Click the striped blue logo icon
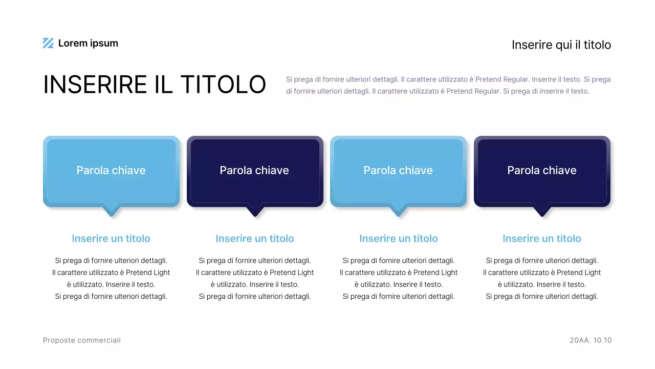[x=48, y=44]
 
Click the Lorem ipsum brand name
[x=88, y=44]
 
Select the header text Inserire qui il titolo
[x=561, y=45]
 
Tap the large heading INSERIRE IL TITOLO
[x=155, y=85]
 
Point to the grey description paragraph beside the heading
[x=448, y=86]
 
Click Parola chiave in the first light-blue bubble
[x=111, y=170]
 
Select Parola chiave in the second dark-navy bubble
[x=254, y=170]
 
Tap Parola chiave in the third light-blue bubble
[x=398, y=170]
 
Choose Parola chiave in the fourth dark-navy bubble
[x=542, y=170]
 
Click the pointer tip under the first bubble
[x=111, y=212]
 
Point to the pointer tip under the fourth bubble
[x=542, y=212]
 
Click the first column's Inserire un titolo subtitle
[x=111, y=238]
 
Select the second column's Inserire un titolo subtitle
[x=255, y=238]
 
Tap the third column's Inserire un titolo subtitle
[x=399, y=238]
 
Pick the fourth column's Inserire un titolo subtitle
[x=542, y=238]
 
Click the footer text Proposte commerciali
[x=82, y=340]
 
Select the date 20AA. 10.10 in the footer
[x=591, y=340]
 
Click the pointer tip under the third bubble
[x=398, y=212]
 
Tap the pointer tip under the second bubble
[x=255, y=212]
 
